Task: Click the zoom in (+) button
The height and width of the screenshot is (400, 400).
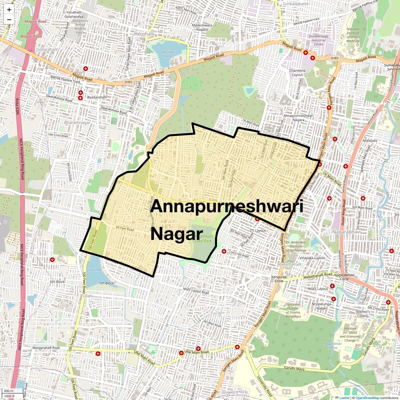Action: [9, 9]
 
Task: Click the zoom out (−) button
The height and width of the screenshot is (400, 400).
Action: [9, 19]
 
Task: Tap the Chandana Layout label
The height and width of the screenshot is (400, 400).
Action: [297, 73]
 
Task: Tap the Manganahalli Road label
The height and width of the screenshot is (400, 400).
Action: [46, 348]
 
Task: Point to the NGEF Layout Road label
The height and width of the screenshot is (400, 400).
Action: [196, 291]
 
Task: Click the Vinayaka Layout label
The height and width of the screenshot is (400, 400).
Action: [312, 258]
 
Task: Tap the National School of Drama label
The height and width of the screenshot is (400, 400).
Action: [293, 310]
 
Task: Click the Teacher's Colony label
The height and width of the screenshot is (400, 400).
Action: [363, 314]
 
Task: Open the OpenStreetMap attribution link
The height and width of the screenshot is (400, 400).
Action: [367, 398]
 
